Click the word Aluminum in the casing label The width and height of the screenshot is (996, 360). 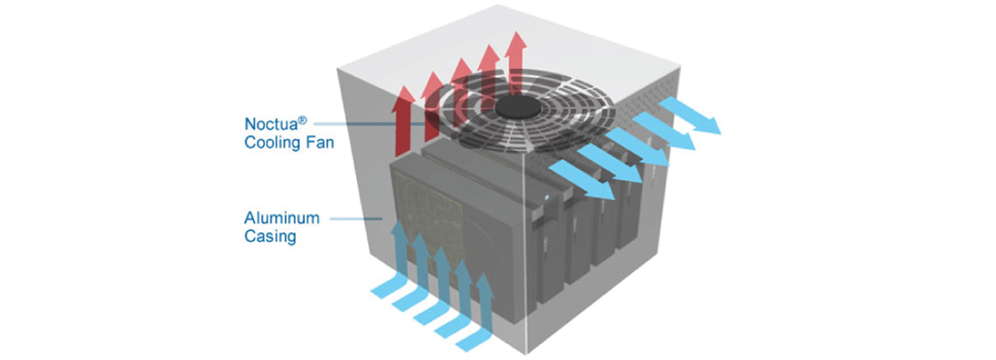(277, 218)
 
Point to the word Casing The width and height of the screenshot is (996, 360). (270, 237)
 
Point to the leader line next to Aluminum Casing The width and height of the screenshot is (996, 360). (357, 219)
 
